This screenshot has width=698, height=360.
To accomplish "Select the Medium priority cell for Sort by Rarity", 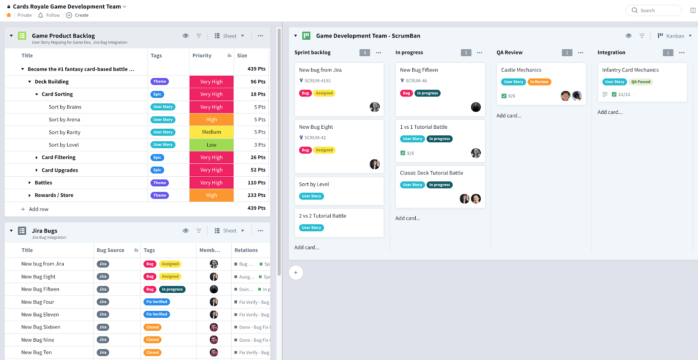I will pos(212,132).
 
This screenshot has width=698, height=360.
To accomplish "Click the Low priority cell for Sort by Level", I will pos(212,145).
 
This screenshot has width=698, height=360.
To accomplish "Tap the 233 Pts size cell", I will pos(256,195).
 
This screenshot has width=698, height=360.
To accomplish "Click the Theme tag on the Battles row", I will pos(160,183).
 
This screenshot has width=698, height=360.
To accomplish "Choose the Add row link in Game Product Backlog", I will pos(38,209).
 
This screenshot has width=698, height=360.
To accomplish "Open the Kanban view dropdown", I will pos(675,36).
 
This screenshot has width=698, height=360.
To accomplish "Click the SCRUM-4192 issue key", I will pos(318,81).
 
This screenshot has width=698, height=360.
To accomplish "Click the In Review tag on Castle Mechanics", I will pos(539,82).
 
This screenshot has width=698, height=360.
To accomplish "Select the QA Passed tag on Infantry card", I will pos(640,82).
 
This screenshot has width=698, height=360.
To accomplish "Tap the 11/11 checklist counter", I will pos(624,95).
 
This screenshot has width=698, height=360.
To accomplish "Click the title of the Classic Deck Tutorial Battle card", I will pos(431,173).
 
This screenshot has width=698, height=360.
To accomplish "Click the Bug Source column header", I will pos(110,250).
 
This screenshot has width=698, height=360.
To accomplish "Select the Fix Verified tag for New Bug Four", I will pos(157,302).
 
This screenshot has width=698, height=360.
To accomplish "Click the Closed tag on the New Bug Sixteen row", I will pos(153,327).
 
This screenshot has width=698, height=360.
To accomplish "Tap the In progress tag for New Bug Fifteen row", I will pos(172,289).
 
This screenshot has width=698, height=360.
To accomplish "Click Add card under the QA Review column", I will pos(509,116).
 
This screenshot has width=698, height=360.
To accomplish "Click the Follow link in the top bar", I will pos(53,15).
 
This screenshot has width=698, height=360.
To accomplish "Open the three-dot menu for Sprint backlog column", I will pos(379,53).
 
